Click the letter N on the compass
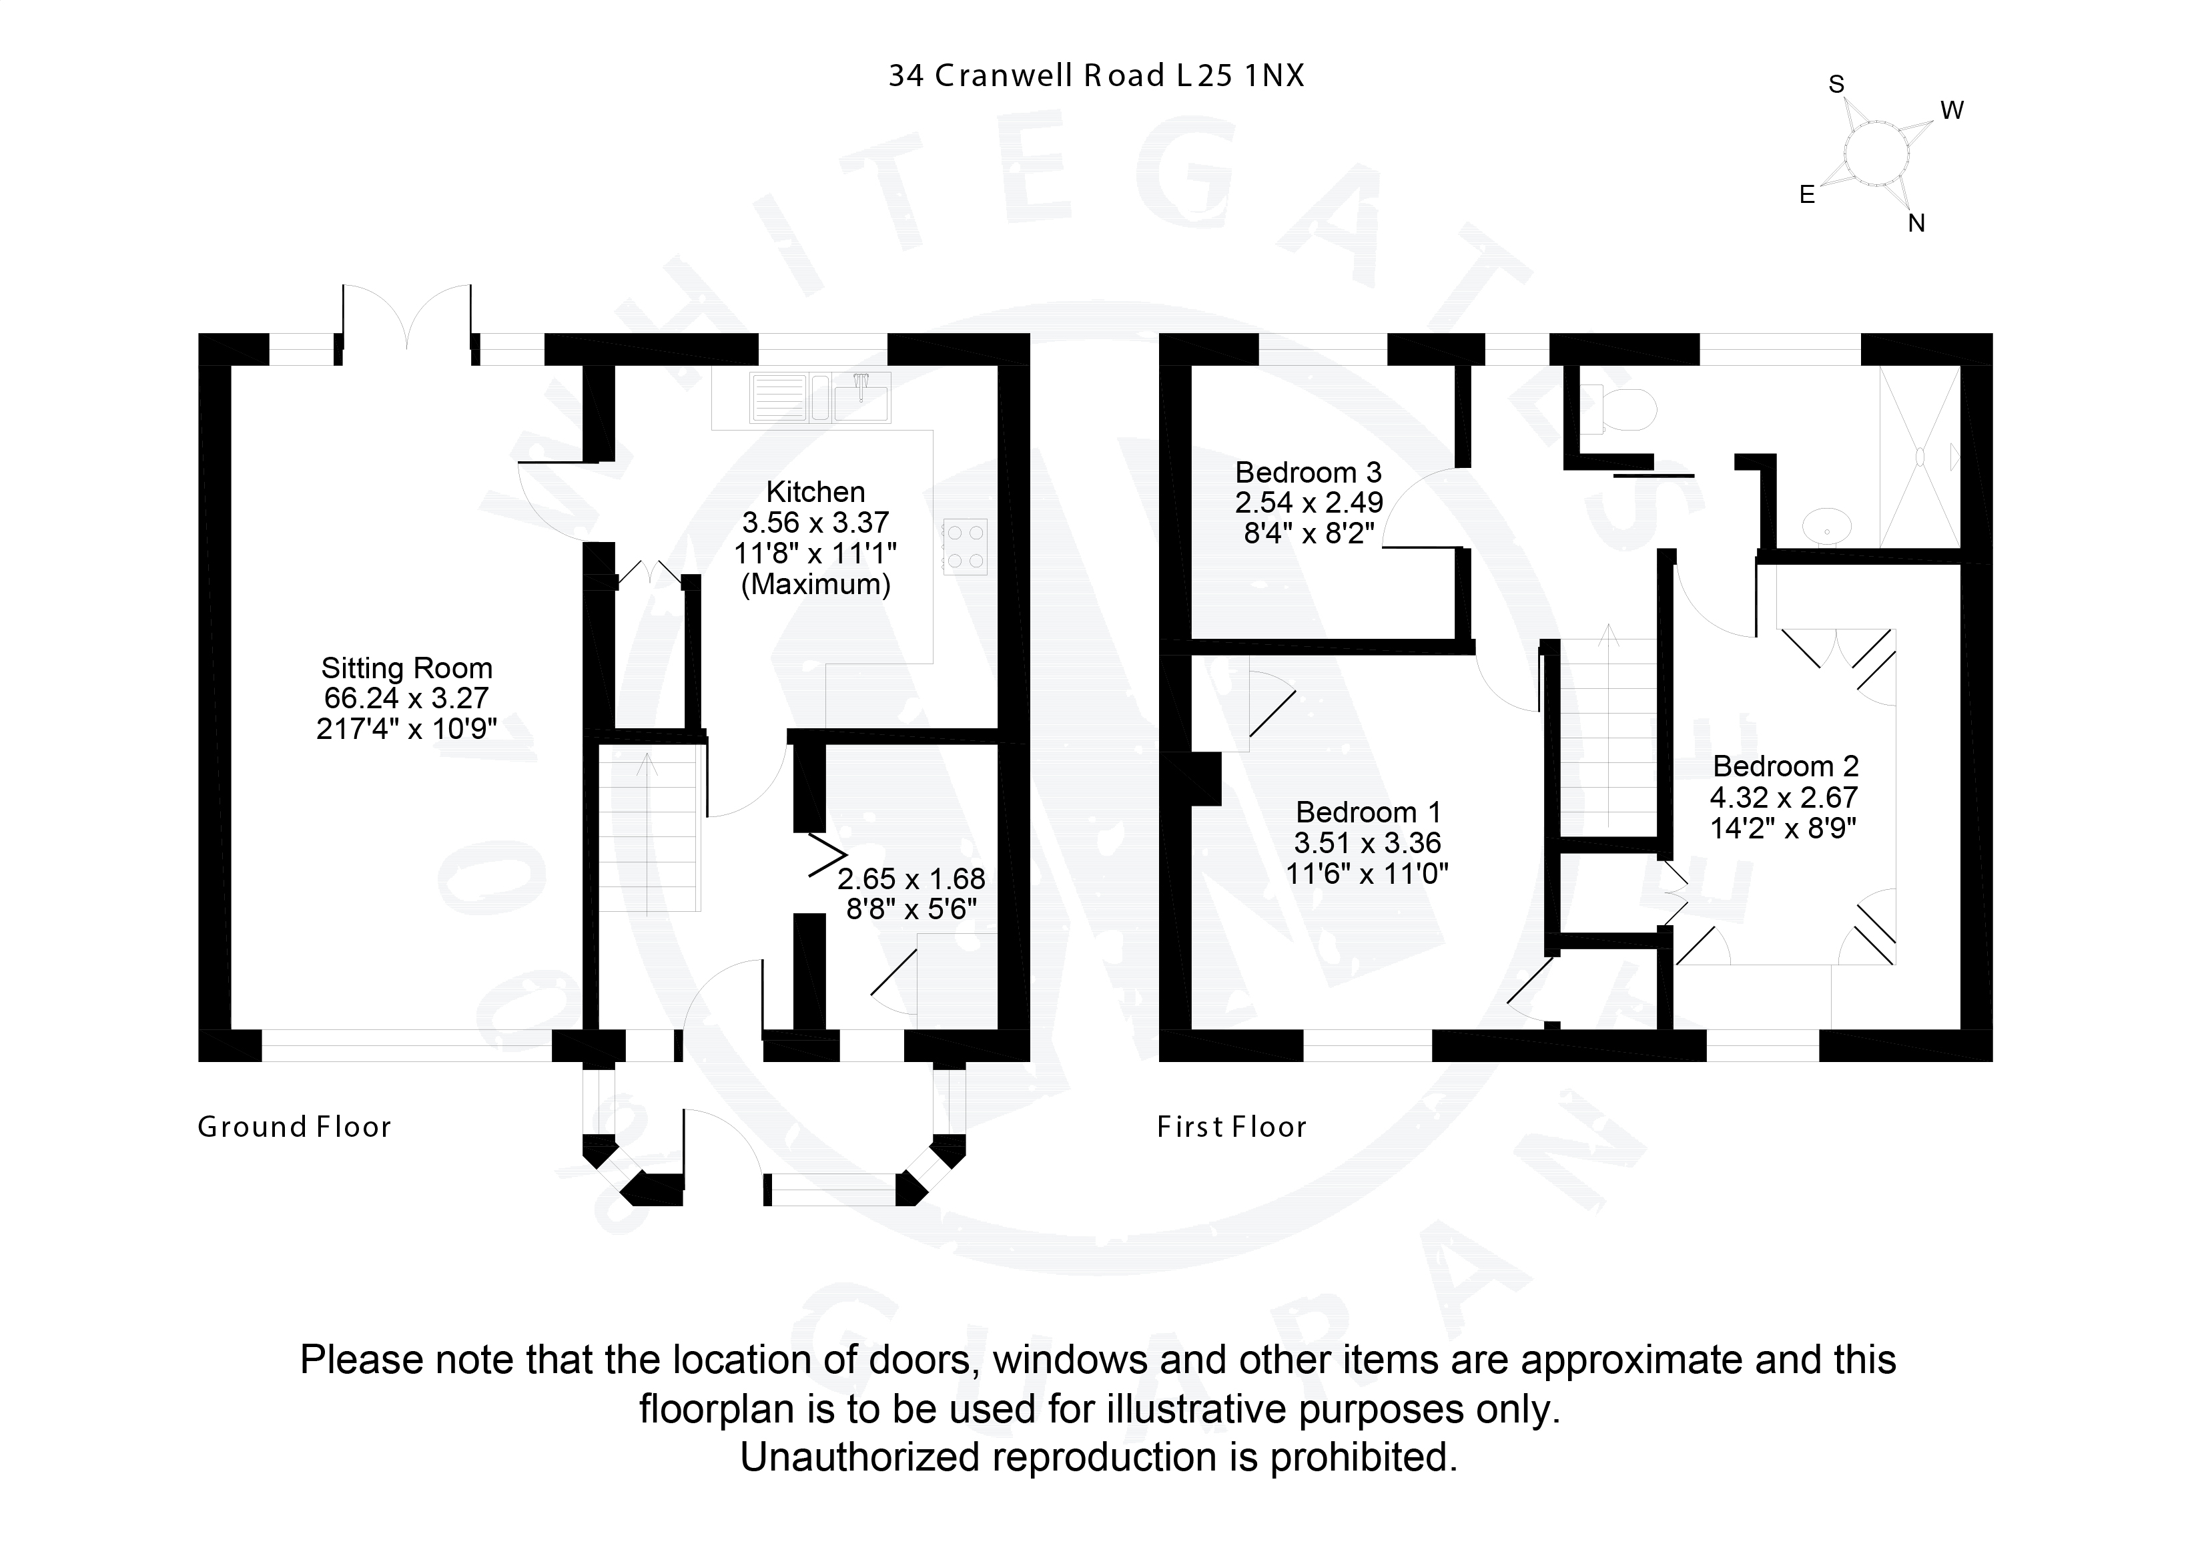pos(1916,223)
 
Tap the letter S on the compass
pos(1836,84)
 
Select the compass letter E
pos(1808,196)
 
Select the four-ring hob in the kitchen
pos(965,546)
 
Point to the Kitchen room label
pos(815,492)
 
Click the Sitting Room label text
pos(407,668)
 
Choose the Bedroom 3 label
pos(1309,472)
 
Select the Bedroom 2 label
pos(1786,766)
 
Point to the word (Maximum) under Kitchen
pos(815,584)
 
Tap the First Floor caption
pos(1232,1127)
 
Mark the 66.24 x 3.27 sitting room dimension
pos(407,698)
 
